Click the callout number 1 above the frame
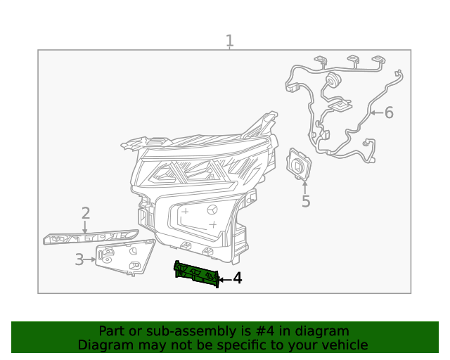(229, 41)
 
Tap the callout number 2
(86, 213)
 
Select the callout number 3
(79, 260)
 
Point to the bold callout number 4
(237, 279)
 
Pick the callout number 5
(306, 202)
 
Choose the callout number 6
(389, 112)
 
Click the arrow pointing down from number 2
(86, 228)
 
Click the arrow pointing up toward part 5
(305, 186)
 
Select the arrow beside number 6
(376, 112)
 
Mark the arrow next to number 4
(224, 280)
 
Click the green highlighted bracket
(196, 274)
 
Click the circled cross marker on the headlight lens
(213, 209)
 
